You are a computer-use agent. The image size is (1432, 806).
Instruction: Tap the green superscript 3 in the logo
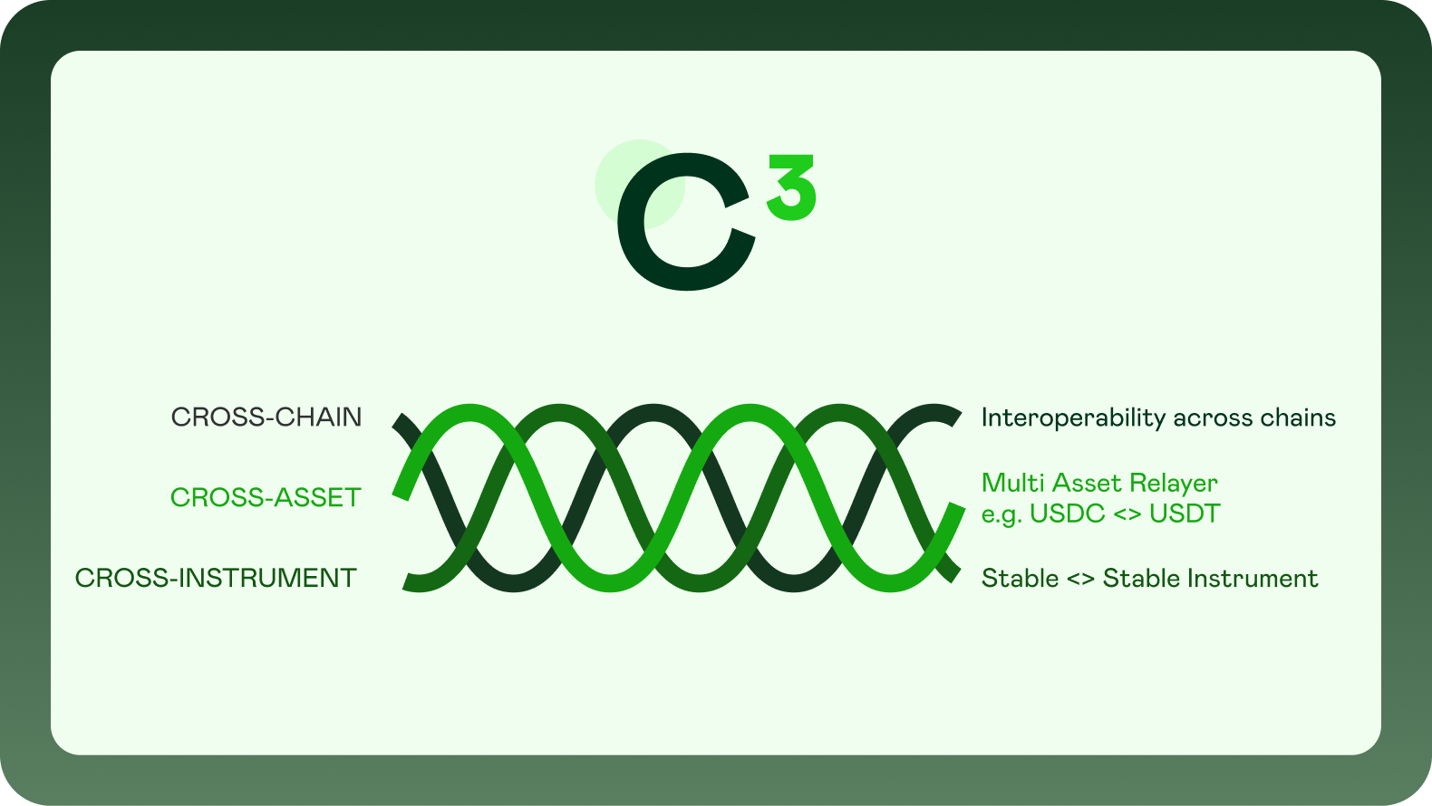[791, 187]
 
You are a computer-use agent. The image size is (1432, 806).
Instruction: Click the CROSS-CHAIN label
[266, 417]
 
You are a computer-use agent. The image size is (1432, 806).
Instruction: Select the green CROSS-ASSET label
[266, 498]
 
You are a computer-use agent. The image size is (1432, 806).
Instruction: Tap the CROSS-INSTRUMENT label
[216, 579]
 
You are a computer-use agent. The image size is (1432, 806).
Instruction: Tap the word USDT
[1185, 514]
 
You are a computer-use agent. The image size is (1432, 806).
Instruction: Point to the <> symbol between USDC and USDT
[1127, 514]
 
